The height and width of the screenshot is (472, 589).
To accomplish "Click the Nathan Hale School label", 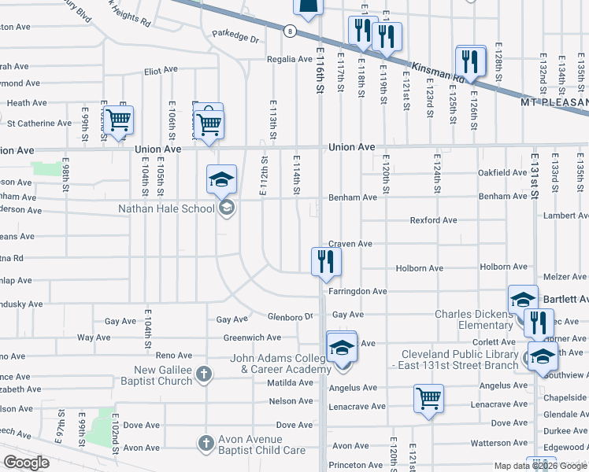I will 165,208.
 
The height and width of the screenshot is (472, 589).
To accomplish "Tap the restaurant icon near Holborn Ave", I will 326,260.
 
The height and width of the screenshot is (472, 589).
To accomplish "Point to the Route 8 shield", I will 291,31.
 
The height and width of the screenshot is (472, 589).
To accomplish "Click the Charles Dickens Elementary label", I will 474,319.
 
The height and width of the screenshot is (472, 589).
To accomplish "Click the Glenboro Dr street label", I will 290,316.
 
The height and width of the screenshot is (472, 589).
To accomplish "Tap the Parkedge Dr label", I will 235,37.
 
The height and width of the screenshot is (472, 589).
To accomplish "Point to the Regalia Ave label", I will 291,59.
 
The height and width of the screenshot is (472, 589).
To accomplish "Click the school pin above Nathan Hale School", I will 222,179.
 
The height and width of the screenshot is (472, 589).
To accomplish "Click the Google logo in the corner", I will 26,463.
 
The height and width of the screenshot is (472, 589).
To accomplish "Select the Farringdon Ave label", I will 357,291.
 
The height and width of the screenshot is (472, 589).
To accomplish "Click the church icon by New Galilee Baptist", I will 204,374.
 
